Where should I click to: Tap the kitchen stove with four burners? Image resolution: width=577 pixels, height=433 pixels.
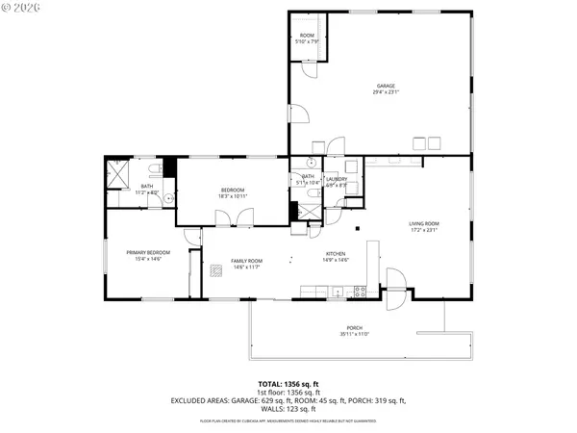[x=360, y=291]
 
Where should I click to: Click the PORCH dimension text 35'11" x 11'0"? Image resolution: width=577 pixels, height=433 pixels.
[x=354, y=335]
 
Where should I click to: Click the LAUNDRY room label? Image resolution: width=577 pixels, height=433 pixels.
[x=337, y=179]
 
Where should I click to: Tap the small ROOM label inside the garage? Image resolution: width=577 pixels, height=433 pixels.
[x=307, y=36]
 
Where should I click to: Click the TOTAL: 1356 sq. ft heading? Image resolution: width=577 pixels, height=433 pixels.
[x=288, y=382]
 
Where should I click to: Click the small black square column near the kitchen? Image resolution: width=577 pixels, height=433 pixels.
[x=357, y=229]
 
